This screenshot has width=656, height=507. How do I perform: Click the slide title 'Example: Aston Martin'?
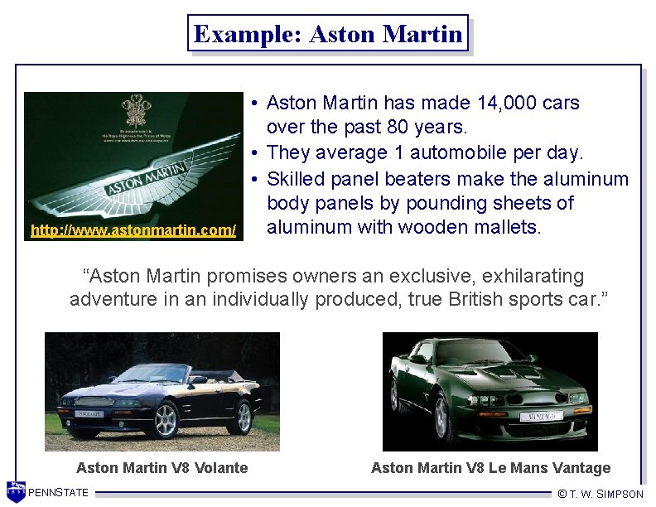click(328, 34)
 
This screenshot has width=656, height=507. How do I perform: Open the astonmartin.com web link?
click(133, 229)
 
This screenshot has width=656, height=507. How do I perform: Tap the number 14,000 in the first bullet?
click(507, 104)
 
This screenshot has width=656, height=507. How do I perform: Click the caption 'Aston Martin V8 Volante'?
click(162, 468)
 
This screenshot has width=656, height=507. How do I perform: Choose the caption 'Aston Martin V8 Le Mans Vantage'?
click(490, 468)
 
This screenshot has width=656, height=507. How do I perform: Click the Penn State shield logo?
click(16, 492)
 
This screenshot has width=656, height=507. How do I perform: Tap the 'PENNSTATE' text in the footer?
click(58, 494)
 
